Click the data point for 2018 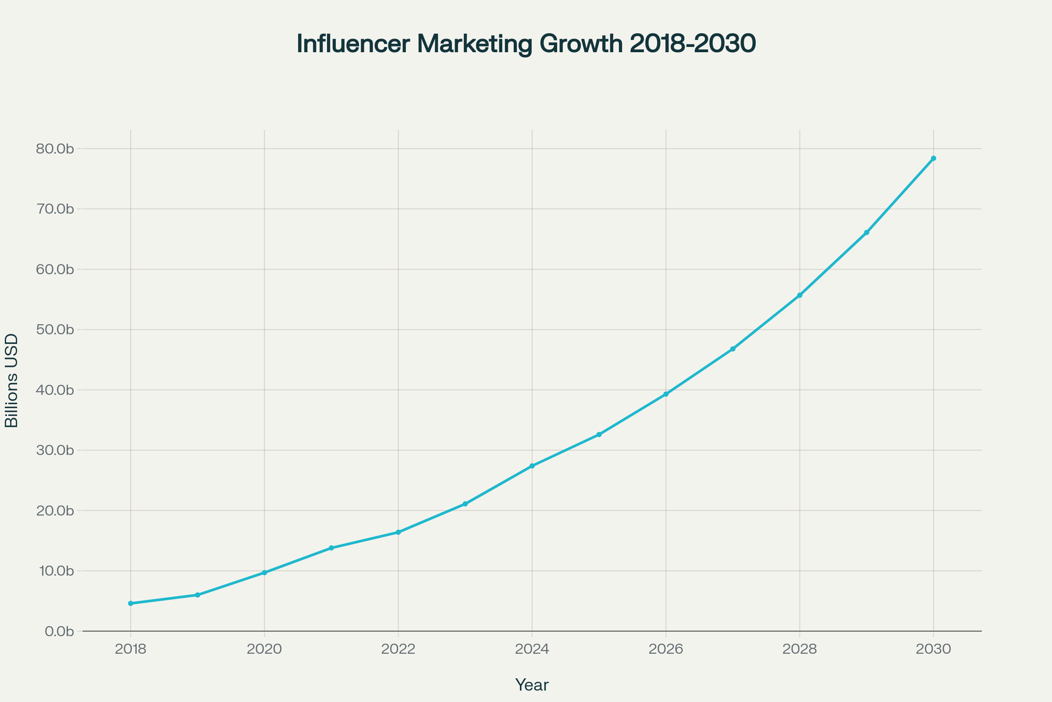click(x=131, y=604)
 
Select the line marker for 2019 click(x=197, y=595)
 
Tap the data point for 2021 click(x=331, y=548)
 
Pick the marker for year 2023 click(x=465, y=504)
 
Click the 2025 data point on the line click(x=599, y=435)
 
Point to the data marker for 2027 click(x=732, y=349)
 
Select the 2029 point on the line click(x=867, y=233)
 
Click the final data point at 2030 click(x=934, y=158)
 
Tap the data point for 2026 click(x=666, y=394)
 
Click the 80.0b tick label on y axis click(x=54, y=149)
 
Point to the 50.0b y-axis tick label click(x=54, y=330)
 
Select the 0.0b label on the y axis click(x=59, y=632)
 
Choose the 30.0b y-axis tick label click(x=54, y=451)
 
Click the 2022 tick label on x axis click(x=398, y=649)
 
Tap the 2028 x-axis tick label click(x=800, y=649)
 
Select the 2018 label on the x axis click(x=131, y=649)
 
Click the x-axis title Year click(x=532, y=685)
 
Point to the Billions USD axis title click(x=12, y=380)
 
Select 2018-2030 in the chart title click(x=693, y=44)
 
